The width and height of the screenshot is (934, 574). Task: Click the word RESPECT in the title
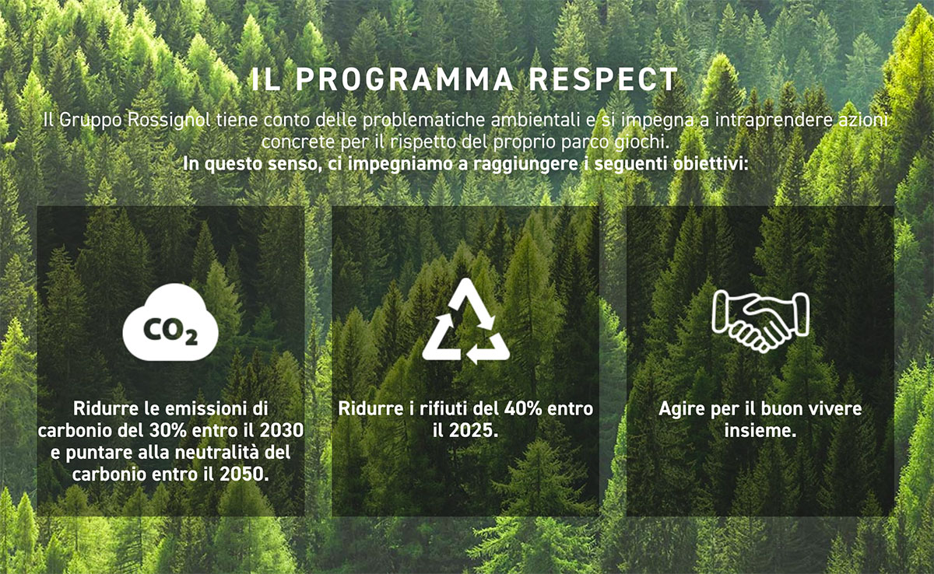(x=604, y=79)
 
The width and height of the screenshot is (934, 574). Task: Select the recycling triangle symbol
(x=465, y=320)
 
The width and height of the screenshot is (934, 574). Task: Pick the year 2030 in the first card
(x=282, y=431)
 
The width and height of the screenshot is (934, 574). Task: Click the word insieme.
(x=760, y=431)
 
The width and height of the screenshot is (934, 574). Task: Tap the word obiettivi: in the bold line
(x=711, y=163)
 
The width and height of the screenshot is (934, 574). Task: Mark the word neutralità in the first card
(x=218, y=453)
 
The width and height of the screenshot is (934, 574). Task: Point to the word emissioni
(x=205, y=408)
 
